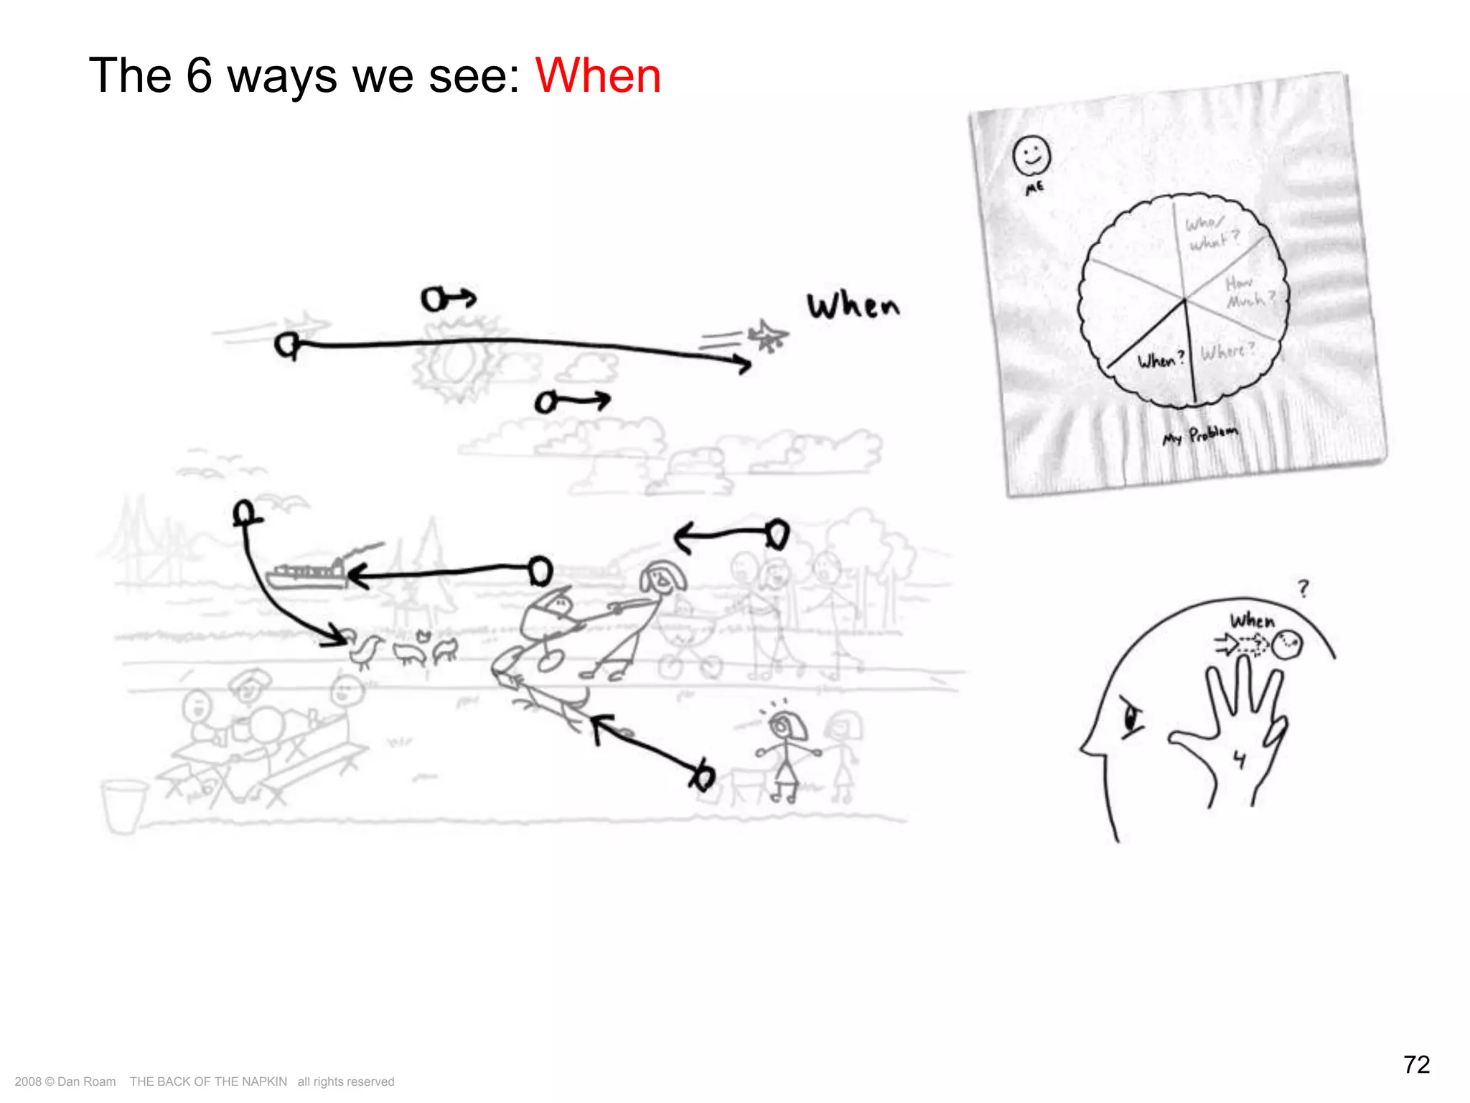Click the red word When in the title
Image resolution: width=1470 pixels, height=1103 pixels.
(x=598, y=76)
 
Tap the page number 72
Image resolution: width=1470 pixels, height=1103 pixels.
(x=1416, y=1064)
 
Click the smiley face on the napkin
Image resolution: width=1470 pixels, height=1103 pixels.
(x=1031, y=155)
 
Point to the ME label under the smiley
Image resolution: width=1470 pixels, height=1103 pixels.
(x=1034, y=188)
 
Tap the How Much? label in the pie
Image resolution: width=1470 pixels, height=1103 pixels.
(x=1250, y=292)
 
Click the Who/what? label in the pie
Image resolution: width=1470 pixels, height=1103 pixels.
(x=1211, y=233)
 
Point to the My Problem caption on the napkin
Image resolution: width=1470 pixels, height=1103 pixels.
(x=1200, y=435)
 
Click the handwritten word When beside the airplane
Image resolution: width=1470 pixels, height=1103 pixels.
(x=853, y=306)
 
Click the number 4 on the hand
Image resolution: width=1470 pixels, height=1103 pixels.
(x=1239, y=759)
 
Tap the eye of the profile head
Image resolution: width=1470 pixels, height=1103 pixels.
(x=1132, y=717)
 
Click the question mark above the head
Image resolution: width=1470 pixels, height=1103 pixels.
(x=1303, y=589)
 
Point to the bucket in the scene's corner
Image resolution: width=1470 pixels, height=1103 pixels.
(x=123, y=806)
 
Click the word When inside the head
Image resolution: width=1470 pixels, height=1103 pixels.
(x=1253, y=620)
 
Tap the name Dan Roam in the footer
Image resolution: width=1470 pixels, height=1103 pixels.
(x=86, y=1081)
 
